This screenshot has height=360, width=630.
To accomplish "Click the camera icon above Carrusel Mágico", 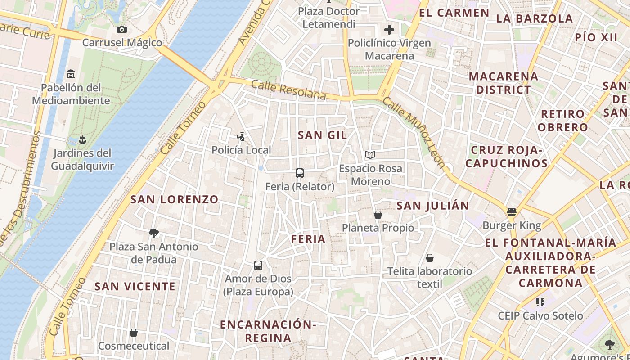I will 121,30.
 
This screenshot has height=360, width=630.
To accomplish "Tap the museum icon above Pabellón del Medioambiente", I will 71,74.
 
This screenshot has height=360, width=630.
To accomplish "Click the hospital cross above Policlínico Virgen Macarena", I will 389,30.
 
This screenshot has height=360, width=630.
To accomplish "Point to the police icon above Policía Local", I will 241,136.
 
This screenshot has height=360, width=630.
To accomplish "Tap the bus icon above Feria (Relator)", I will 300,173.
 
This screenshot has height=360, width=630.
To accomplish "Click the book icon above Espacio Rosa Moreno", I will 370,155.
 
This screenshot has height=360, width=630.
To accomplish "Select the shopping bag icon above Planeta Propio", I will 378,215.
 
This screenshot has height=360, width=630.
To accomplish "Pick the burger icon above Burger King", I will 511,211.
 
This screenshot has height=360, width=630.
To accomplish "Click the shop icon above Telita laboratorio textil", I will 430,258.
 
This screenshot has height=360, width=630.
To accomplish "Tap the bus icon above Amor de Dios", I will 258,265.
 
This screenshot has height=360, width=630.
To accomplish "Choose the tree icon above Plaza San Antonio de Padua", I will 154,233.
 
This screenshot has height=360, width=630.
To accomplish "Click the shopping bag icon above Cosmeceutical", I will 134,333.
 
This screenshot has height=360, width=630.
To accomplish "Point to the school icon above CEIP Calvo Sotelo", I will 540,302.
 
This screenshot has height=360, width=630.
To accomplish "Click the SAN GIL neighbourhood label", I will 322,135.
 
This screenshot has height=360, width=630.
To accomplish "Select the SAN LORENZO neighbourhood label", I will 175,199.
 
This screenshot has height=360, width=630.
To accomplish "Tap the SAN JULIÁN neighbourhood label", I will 433,206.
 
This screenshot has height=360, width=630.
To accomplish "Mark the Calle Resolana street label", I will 288,90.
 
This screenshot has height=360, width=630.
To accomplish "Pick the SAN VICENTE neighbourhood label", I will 135,286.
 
